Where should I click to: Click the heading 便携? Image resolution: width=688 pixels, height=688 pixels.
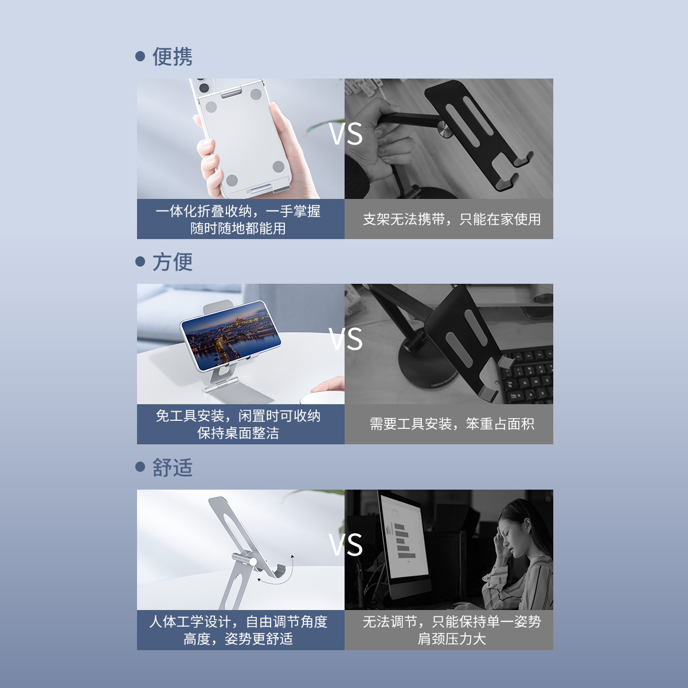pos(173,56)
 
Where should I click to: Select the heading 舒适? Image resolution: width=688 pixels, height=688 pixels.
pos(173,467)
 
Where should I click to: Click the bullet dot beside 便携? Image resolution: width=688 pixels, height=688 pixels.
pos(140,56)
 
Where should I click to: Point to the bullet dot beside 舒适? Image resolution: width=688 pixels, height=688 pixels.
pos(140,467)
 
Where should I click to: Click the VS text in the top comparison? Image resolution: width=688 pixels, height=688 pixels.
pos(346,134)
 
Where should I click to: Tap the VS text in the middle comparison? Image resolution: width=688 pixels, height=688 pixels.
pos(346,339)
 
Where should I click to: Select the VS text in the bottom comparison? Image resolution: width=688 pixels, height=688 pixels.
pos(346,545)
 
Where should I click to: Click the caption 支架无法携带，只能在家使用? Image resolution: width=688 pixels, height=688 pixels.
pos(452,219)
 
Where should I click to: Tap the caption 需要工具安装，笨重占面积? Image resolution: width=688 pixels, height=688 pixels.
pos(452,424)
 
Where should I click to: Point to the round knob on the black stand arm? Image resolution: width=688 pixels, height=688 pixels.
pos(445,128)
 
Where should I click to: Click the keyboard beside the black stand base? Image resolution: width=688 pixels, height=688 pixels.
pos(527,373)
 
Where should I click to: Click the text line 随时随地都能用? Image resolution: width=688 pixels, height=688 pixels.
pos(238,229)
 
